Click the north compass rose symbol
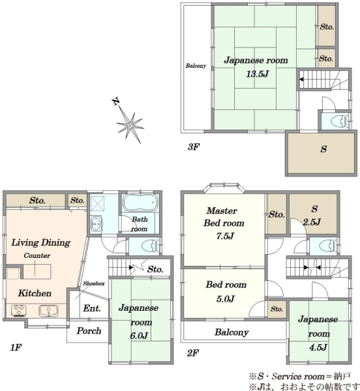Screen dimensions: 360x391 pyautogui.click(x=129, y=123)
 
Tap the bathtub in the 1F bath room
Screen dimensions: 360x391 pyautogui.click(x=140, y=203)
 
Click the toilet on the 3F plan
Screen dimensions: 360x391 pyautogui.click(x=340, y=121)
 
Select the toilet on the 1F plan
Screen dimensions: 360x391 pyautogui.click(x=151, y=246)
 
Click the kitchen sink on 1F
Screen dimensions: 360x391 pyautogui.click(x=48, y=311)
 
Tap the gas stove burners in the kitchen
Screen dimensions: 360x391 pyautogui.click(x=19, y=311)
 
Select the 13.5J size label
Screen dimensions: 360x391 pyautogui.click(x=257, y=74)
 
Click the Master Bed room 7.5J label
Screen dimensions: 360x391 pyautogui.click(x=224, y=223)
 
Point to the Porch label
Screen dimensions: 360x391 pyautogui.click(x=89, y=330)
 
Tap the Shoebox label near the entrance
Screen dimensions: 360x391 pyautogui.click(x=94, y=283)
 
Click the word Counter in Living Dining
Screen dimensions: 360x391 pyautogui.click(x=37, y=255)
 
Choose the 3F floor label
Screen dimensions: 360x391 pyautogui.click(x=194, y=147)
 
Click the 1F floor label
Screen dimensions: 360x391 pyautogui.click(x=16, y=347)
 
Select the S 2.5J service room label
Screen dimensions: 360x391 pyautogui.click(x=312, y=216)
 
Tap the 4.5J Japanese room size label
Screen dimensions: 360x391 pyautogui.click(x=318, y=347)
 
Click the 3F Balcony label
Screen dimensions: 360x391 pyautogui.click(x=196, y=66)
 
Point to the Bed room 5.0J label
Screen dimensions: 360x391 pyautogui.click(x=226, y=291)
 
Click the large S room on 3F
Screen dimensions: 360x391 pyautogui.click(x=321, y=153)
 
